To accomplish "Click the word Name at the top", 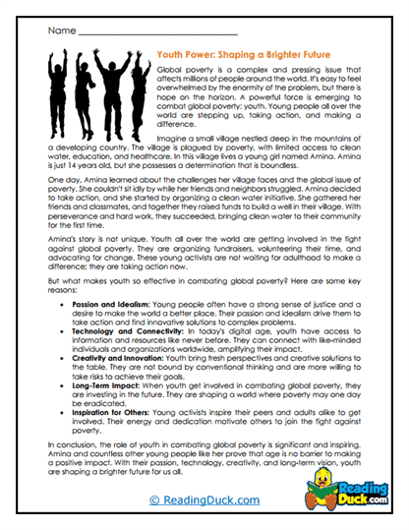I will click(60, 29).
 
